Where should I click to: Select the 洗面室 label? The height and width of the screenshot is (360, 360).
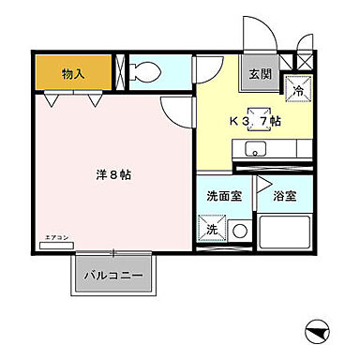[x=222, y=196]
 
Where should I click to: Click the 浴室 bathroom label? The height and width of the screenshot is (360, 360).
[x=285, y=198]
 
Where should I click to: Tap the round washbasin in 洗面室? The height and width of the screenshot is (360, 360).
[x=239, y=229]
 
